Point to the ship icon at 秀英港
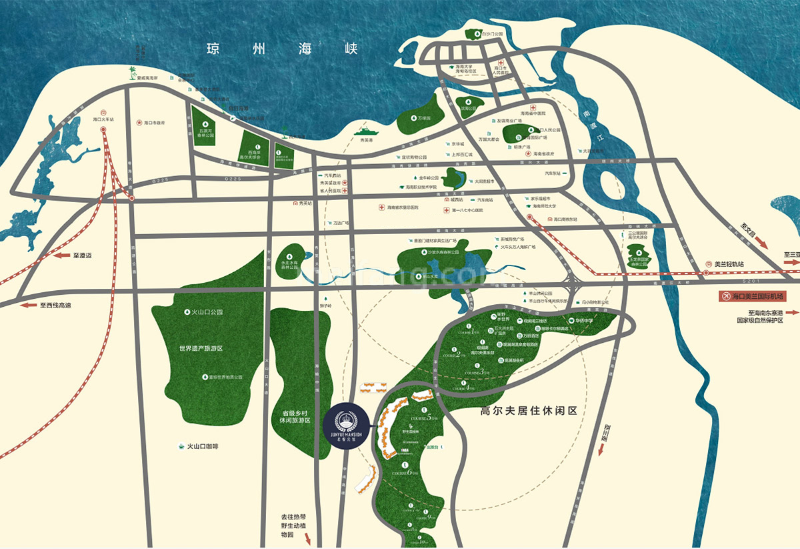coord(365,131)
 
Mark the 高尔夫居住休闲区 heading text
coord(529,412)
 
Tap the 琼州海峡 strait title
coord(283,49)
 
